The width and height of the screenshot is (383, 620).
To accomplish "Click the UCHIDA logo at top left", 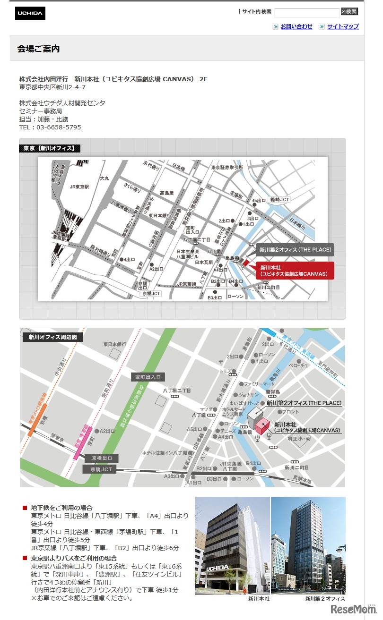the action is click(x=30, y=13).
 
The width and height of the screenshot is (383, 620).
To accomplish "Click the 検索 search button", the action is click(x=349, y=12).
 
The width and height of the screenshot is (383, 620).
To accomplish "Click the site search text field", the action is click(x=307, y=13).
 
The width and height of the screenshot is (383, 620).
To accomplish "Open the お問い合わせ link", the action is click(x=296, y=26).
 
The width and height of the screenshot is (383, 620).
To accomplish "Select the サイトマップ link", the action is click(x=343, y=26).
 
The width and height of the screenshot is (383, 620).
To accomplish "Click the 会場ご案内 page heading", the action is click(x=39, y=49).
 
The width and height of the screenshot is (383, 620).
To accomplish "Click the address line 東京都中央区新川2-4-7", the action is click(x=52, y=87).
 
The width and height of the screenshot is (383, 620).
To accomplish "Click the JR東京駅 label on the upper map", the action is click(x=79, y=187).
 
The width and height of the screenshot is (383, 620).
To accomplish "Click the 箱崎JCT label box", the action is click(x=279, y=200).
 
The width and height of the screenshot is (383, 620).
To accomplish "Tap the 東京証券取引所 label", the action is click(x=227, y=167).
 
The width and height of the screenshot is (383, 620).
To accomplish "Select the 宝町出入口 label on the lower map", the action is click(x=148, y=377).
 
